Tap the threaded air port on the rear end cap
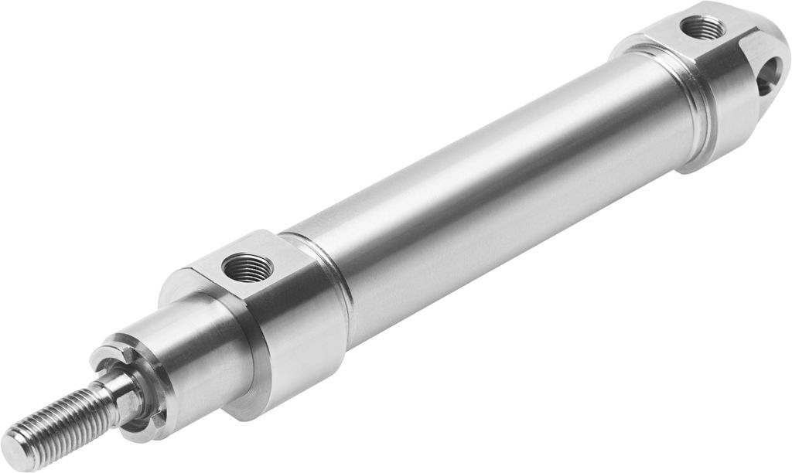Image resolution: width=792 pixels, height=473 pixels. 703,30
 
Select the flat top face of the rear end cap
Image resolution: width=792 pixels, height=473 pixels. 681,39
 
